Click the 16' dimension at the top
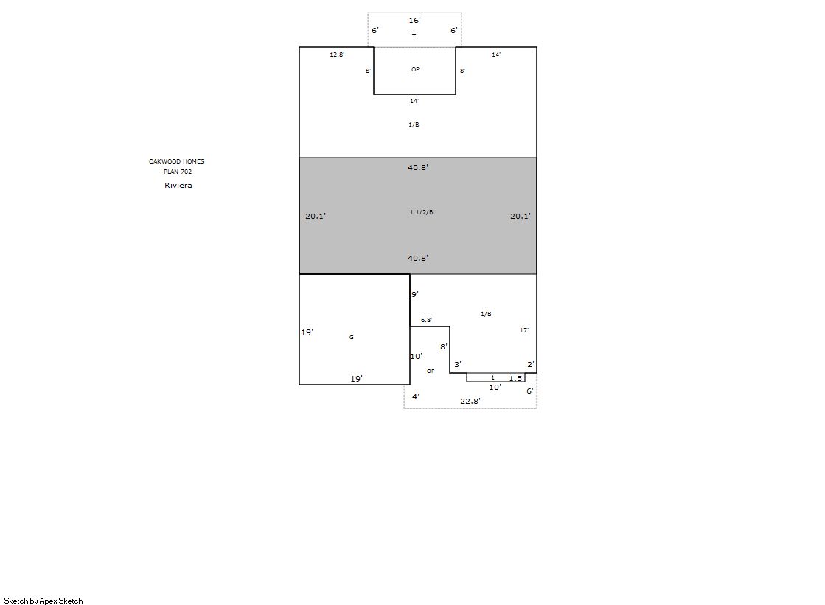click(414, 20)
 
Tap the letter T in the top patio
click(414, 36)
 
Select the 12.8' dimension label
click(337, 55)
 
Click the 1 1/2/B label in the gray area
click(422, 212)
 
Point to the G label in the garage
click(352, 338)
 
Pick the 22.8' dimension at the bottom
click(470, 401)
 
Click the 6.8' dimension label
click(426, 320)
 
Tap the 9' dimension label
click(415, 294)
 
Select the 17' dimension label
click(524, 330)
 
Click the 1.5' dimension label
click(516, 378)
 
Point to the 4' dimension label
click(416, 396)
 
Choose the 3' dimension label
click(458, 364)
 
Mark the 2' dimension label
click(531, 364)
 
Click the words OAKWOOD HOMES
click(177, 161)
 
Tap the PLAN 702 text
click(178, 172)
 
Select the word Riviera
click(178, 185)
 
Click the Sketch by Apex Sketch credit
click(43, 601)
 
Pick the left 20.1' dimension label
click(316, 216)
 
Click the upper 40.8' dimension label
click(418, 167)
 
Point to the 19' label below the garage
click(357, 379)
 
